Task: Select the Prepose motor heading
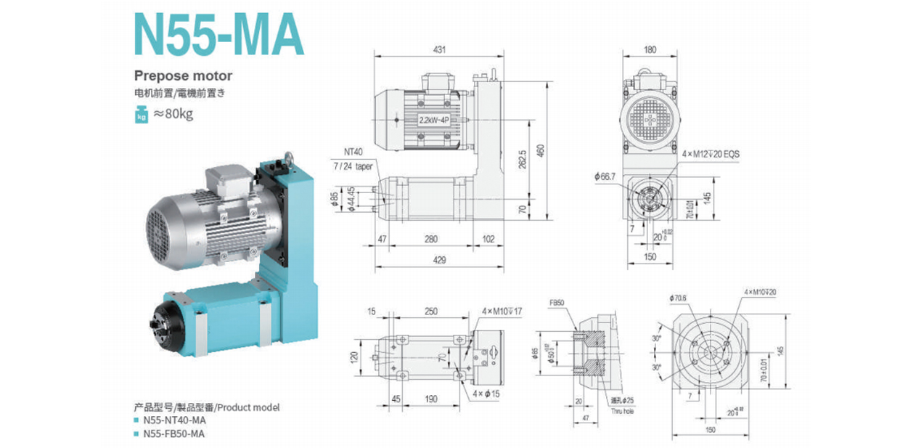(x=183, y=76)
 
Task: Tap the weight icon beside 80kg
(x=141, y=114)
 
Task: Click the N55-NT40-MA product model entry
(x=175, y=420)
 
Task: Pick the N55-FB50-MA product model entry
(x=175, y=433)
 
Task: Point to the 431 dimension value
(x=439, y=49)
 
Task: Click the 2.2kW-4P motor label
(x=435, y=121)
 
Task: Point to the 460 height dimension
(x=539, y=150)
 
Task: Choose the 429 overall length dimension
(x=439, y=260)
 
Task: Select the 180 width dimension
(x=650, y=49)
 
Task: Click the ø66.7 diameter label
(x=605, y=176)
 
